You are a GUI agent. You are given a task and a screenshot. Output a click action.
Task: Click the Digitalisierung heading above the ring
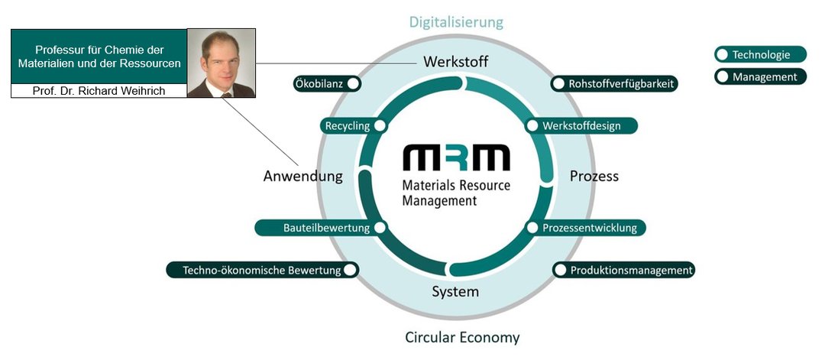coord(456,21)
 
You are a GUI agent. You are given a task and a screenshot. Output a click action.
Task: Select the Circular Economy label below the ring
coord(461,337)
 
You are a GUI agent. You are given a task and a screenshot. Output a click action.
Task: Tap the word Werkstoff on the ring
coord(455,61)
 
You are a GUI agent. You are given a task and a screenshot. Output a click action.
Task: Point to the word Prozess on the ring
coord(594,177)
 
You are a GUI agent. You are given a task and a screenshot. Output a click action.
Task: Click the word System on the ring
coord(455,291)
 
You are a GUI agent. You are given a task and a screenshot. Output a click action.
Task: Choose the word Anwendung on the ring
coord(302,177)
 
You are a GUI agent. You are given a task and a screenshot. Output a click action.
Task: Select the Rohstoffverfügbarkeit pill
coord(614,84)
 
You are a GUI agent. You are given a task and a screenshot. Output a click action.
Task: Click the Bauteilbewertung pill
coord(321,228)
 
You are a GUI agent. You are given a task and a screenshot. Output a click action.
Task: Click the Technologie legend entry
coord(760,55)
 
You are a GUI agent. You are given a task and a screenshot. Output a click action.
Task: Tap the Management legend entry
coord(760,76)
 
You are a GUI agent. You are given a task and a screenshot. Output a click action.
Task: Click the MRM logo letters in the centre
coord(455,158)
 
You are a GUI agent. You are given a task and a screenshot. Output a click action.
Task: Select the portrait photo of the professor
coord(221,63)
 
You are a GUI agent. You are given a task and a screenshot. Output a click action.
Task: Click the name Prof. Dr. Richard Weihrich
coord(99,91)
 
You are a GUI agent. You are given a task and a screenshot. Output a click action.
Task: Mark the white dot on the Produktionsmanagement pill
coord(561,270)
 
